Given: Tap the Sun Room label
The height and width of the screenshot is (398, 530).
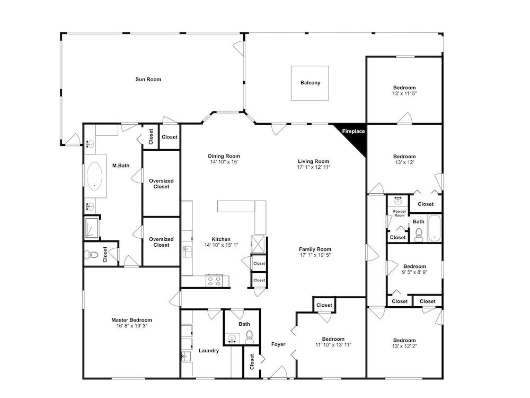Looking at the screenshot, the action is [x=148, y=79].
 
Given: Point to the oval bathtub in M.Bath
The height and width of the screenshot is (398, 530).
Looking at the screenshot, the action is [x=95, y=176].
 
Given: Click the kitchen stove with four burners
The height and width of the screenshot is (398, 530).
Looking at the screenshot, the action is [x=214, y=281].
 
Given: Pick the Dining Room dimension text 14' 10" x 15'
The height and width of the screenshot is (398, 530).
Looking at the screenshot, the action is [x=224, y=162].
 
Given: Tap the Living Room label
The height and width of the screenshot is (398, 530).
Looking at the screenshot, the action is [x=313, y=161].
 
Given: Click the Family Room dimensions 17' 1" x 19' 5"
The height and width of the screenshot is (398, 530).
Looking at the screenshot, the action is [x=315, y=255].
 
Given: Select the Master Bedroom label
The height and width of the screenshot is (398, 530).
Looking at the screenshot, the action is [x=132, y=320].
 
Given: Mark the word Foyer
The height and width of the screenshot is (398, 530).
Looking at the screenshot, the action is [x=278, y=344].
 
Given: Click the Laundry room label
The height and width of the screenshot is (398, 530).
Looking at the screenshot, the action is [x=208, y=351].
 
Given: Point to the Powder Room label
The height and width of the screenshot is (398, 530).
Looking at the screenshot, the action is [x=399, y=213].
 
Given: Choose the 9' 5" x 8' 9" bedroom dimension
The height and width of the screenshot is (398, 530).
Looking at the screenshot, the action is [x=414, y=272].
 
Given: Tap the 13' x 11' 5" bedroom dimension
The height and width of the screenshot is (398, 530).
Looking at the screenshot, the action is [x=404, y=93].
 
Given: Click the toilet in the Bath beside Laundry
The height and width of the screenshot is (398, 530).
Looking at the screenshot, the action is [x=250, y=337].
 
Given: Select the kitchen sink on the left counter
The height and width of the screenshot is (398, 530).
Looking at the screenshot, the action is [x=187, y=252].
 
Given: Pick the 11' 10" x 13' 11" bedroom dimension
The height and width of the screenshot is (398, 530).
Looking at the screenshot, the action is [x=333, y=345].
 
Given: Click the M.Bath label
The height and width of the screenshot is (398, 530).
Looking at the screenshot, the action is [x=121, y=166].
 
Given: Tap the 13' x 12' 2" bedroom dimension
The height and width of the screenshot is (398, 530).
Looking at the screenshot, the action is [x=404, y=346].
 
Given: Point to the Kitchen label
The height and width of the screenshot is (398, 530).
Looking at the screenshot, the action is [x=221, y=239].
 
